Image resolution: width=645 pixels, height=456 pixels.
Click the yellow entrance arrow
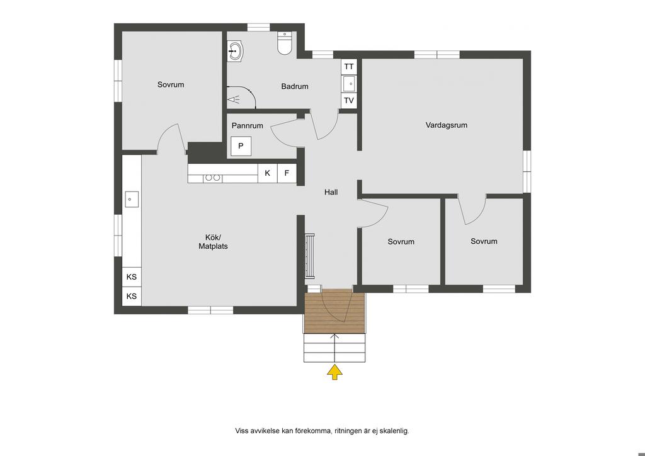click(x=335, y=372)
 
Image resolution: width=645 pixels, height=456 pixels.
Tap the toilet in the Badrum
click(x=285, y=43)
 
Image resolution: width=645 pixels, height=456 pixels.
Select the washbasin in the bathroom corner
click(x=236, y=52)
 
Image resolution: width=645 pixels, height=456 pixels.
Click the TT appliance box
click(x=349, y=66)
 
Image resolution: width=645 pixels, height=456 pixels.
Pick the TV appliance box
click(x=349, y=100)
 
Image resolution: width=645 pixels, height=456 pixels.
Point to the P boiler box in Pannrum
click(x=241, y=146)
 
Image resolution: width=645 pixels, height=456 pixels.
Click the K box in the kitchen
click(x=267, y=173)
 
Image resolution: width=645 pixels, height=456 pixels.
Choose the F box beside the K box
click(x=287, y=173)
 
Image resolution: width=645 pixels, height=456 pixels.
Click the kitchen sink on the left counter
click(x=132, y=200)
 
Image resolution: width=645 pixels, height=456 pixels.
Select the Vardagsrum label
click(x=447, y=125)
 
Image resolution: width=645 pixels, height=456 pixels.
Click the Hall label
click(x=331, y=192)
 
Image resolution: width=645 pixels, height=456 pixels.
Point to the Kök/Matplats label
click(x=213, y=242)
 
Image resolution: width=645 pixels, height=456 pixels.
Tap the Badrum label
click(x=295, y=86)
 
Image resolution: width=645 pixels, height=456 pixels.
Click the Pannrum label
click(x=247, y=125)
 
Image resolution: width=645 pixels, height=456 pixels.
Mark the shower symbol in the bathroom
click(x=234, y=100)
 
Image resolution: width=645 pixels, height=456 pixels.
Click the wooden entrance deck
click(x=335, y=311)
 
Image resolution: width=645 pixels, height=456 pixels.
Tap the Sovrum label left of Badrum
click(x=171, y=84)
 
